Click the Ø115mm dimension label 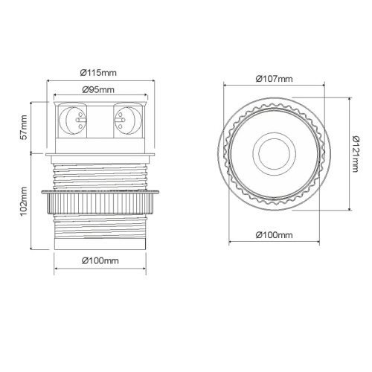pyautogui.click(x=98, y=73)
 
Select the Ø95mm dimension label pyautogui.click(x=98, y=90)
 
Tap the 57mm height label pyautogui.click(x=24, y=127)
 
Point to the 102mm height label pyautogui.click(x=24, y=202)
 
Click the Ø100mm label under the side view pyautogui.click(x=100, y=260)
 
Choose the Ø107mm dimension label pyautogui.click(x=274, y=79)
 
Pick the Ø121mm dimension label pyautogui.click(x=355, y=154)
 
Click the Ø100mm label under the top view pyautogui.click(x=274, y=234)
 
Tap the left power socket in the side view pyautogui.click(x=73, y=121)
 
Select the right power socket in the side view pyautogui.click(x=128, y=121)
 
